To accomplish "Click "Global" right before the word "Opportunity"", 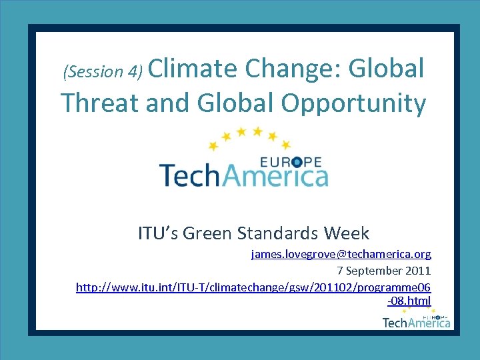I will point(236,103).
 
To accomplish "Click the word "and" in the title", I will point(166,103).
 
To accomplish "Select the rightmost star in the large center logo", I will point(286,145).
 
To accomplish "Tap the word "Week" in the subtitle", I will point(346,233).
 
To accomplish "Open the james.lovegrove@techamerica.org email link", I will point(341,254).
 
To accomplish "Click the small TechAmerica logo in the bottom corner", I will point(416,321).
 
